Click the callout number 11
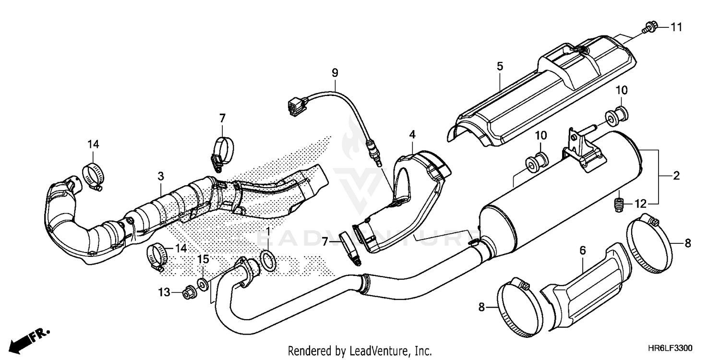[x=676, y=28]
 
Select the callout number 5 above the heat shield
[x=500, y=66]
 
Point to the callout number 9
[x=335, y=73]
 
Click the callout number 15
[x=203, y=260]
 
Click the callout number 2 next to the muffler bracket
[x=676, y=176]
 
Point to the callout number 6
[x=583, y=250]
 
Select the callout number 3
[x=161, y=176]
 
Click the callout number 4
[x=412, y=135]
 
